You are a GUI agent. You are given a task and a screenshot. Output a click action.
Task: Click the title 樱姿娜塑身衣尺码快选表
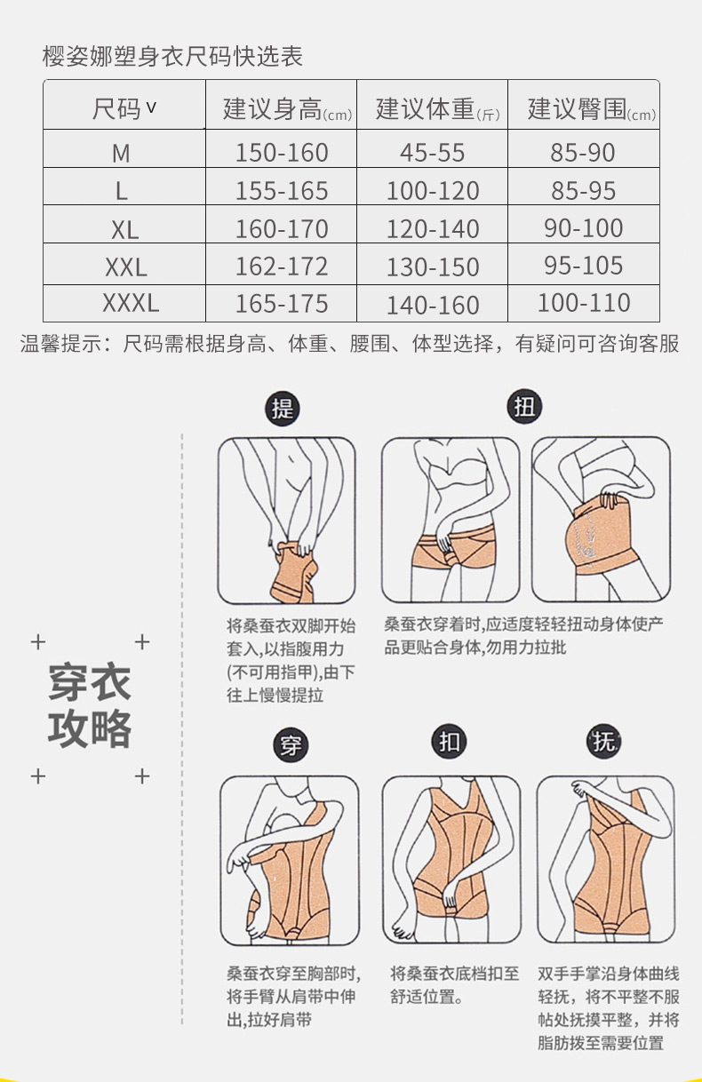[172, 56]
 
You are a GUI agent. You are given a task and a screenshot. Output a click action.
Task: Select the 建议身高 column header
[288, 109]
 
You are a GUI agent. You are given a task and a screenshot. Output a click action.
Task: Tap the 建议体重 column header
[438, 109]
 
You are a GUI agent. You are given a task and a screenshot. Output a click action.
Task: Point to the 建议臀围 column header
[591, 109]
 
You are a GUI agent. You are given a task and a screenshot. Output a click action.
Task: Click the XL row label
[124, 229]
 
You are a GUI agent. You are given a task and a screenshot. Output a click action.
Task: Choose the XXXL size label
[131, 303]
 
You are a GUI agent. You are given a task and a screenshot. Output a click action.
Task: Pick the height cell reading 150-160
[282, 153]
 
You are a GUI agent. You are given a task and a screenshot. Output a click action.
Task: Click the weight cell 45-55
[432, 153]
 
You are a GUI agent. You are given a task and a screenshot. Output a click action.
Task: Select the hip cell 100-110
[584, 303]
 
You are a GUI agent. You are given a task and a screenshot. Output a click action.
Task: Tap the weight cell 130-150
[433, 267]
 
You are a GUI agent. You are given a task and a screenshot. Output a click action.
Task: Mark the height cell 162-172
[282, 267]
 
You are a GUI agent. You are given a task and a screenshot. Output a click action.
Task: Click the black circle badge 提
[283, 409]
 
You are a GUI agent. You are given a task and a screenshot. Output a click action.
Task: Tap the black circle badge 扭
[524, 406]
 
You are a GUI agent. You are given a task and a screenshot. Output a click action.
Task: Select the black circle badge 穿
[291, 744]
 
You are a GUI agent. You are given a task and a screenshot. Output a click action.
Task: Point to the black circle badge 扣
[449, 742]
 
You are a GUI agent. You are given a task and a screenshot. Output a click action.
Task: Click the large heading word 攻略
[90, 728]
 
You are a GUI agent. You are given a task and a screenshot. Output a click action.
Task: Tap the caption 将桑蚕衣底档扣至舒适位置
[454, 985]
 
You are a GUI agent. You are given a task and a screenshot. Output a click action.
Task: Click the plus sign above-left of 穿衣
[38, 642]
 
